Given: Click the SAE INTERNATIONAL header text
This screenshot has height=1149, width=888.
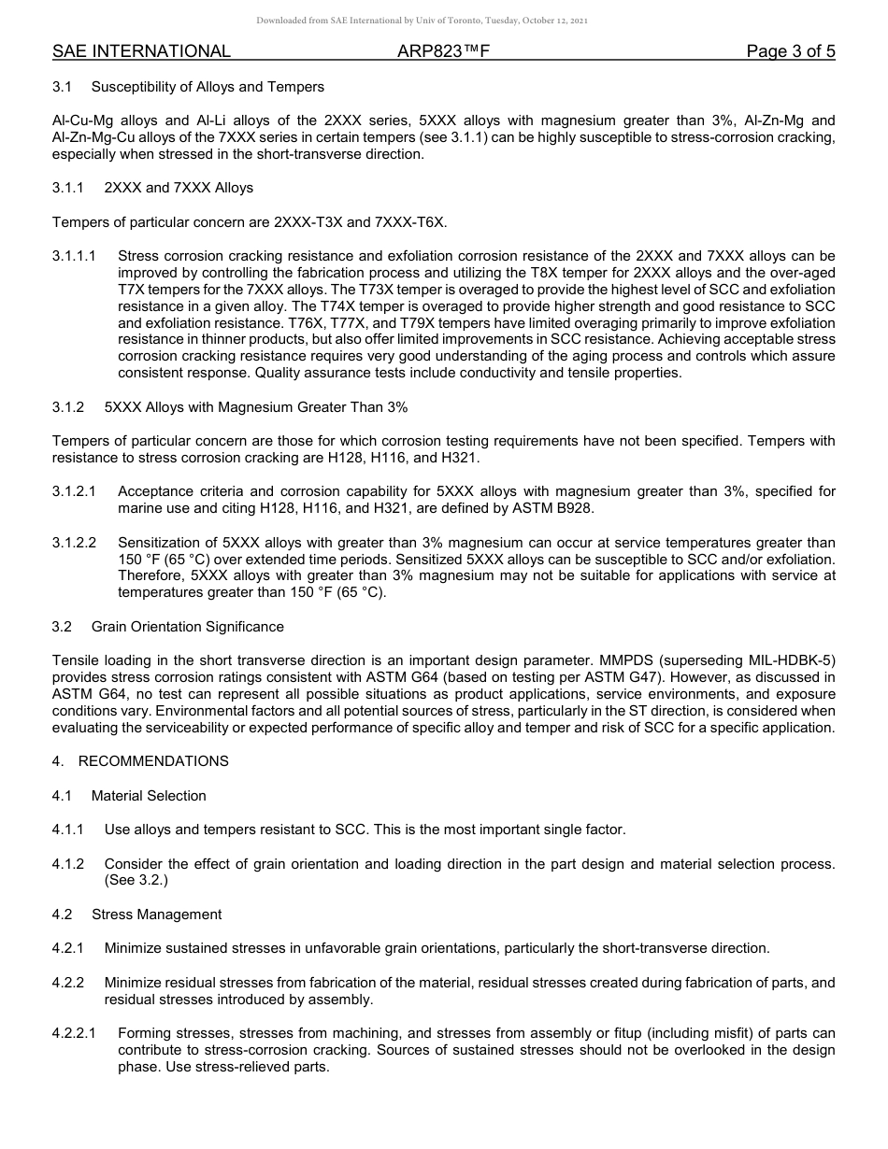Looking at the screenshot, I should point(141,51).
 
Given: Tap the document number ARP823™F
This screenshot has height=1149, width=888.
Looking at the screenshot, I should point(443,51).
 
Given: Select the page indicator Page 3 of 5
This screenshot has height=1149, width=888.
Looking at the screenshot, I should point(790,51).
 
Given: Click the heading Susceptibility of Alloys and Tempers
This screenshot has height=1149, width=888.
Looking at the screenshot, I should point(208,87).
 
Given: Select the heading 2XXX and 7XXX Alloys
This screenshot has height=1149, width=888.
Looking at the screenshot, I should point(179,188).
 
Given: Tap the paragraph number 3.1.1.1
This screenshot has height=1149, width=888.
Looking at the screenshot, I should point(75,256).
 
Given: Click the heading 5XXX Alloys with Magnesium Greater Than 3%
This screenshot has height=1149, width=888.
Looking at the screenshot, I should point(256,407).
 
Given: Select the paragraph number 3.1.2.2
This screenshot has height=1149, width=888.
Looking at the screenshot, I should point(75,543).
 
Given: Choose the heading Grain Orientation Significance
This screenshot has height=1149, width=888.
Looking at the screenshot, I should point(188,627).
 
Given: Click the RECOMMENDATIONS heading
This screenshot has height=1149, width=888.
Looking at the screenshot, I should point(153,761).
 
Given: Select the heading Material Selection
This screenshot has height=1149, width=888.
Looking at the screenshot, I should point(149,796).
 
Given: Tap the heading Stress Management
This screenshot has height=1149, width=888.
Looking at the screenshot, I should point(156,915).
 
